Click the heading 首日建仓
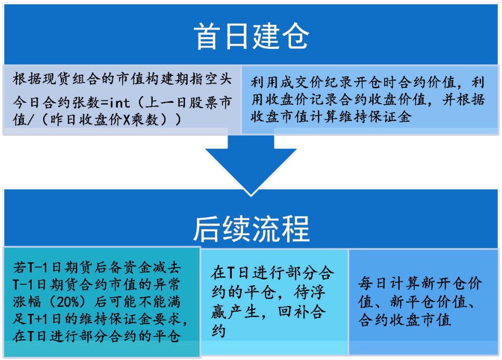(252, 36)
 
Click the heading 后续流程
(252, 229)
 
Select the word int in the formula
(120, 103)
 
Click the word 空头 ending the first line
(218, 79)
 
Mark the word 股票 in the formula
(204, 102)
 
